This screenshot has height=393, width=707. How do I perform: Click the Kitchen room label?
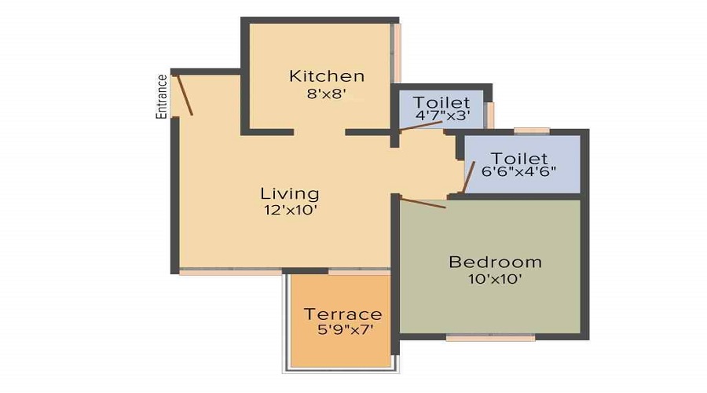point(327,76)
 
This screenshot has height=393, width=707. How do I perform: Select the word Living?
point(290,193)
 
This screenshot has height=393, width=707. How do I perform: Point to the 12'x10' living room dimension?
point(290,210)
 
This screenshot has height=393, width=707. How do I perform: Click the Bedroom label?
point(495,262)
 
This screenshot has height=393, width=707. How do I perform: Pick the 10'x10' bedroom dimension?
point(495,278)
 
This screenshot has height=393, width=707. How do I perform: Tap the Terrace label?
point(343,314)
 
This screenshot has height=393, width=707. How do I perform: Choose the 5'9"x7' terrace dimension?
point(343,330)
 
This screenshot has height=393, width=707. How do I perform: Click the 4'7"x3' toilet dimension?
point(442,116)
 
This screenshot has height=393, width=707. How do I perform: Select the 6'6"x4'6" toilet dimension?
point(519,173)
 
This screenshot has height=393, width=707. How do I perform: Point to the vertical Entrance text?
point(162,96)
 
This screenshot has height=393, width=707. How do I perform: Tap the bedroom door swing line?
point(423,203)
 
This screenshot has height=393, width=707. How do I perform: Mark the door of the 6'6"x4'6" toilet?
point(468,177)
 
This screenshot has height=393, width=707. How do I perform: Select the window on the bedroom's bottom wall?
point(490,337)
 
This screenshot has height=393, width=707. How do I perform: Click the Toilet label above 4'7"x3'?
point(442,102)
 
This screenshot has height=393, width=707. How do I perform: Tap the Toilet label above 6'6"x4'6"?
point(519,159)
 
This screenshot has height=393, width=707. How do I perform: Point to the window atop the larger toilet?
point(532,130)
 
